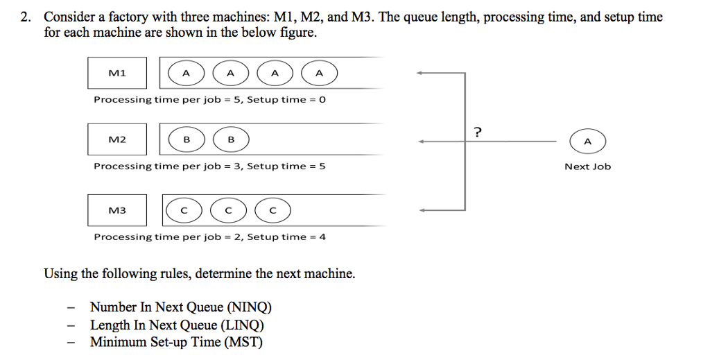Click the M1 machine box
tap(117, 73)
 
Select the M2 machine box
tap(117, 139)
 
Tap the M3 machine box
tap(117, 210)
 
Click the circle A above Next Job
tap(587, 142)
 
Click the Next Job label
tap(587, 166)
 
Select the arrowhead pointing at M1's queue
tap(420, 73)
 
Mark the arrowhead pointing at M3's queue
tap(420, 209)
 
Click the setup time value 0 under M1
tap(322, 100)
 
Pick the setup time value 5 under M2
tap(322, 166)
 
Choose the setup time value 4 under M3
tap(322, 237)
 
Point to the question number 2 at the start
tap(25, 17)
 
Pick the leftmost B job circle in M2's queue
tap(186, 141)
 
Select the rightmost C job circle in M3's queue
tap(272, 211)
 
